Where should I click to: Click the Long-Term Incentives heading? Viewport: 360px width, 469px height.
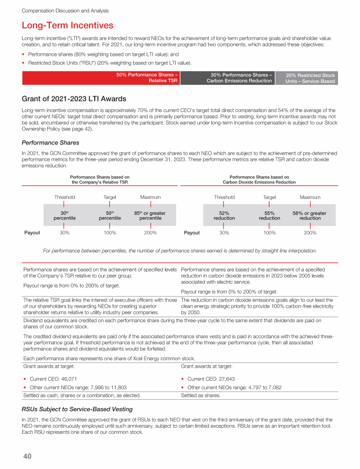[x=67, y=25]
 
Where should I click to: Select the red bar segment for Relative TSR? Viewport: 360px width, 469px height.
[x=101, y=77]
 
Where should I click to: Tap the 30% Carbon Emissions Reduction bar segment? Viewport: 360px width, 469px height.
[x=240, y=77]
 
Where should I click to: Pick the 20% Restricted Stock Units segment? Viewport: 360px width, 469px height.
[x=310, y=78]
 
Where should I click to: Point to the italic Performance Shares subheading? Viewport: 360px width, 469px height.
[x=51, y=142]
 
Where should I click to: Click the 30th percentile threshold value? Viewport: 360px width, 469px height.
[x=64, y=216]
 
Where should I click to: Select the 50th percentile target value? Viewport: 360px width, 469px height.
[x=110, y=216]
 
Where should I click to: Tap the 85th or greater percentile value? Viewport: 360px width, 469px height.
[x=150, y=216]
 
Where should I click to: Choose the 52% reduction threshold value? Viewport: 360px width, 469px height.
[x=224, y=216]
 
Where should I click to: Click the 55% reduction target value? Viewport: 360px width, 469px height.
[x=270, y=216]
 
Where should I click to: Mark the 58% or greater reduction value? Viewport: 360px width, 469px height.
[x=310, y=216]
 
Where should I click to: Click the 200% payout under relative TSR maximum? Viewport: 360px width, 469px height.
[x=150, y=233]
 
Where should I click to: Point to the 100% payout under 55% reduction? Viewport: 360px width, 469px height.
[x=270, y=233]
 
